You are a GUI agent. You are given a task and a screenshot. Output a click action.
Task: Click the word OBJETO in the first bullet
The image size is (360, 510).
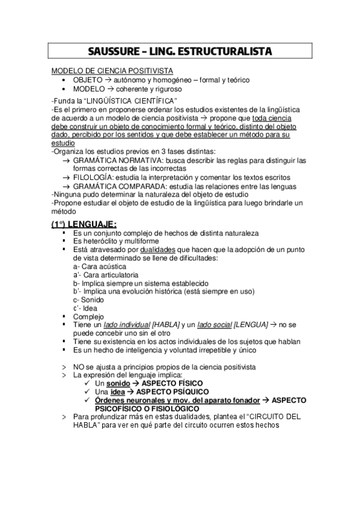[x=88, y=79]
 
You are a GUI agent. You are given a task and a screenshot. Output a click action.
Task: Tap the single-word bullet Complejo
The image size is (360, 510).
[x=89, y=316]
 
